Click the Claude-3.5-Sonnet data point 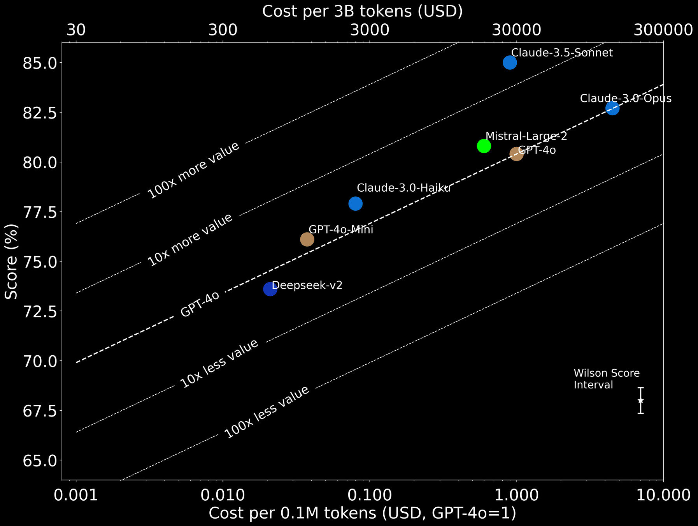tap(510, 62)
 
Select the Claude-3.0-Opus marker tap(612, 108)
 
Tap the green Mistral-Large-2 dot tap(484, 146)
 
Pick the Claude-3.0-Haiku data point tap(355, 203)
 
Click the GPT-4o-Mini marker tap(307, 239)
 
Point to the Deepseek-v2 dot tap(270, 289)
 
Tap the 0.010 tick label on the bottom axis tap(223, 495)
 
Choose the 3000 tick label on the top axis tap(370, 30)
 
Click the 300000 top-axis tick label tap(663, 30)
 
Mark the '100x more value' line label tap(193, 171)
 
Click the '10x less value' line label tap(219, 364)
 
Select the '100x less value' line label tap(267, 412)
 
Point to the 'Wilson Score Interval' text tap(606, 379)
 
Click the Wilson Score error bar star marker tap(640, 401)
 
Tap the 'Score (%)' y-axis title tap(12, 261)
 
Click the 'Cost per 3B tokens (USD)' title tap(362, 11)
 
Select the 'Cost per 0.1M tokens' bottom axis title tap(362, 513)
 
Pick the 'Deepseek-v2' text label tap(307, 285)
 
